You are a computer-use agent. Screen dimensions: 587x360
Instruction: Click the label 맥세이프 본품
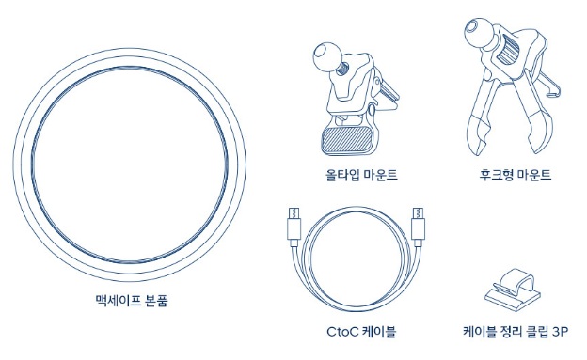(x=131, y=301)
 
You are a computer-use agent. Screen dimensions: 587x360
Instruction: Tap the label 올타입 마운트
(x=361, y=175)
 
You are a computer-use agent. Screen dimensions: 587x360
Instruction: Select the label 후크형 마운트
(x=516, y=175)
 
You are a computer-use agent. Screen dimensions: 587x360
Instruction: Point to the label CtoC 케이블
(x=361, y=332)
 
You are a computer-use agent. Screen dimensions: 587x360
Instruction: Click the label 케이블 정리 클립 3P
(x=516, y=332)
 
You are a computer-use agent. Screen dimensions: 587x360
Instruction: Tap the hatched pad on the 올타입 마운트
(x=347, y=140)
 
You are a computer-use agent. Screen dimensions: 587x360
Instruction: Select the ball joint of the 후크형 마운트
(x=477, y=29)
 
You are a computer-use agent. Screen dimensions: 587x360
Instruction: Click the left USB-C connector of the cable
(x=293, y=227)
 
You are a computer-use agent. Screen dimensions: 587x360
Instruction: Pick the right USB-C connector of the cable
(x=418, y=227)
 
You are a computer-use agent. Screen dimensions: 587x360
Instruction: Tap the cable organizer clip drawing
(x=513, y=290)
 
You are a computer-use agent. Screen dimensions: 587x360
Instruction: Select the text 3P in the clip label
(x=561, y=332)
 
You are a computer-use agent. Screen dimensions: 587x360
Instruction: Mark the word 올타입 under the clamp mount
(x=341, y=175)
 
